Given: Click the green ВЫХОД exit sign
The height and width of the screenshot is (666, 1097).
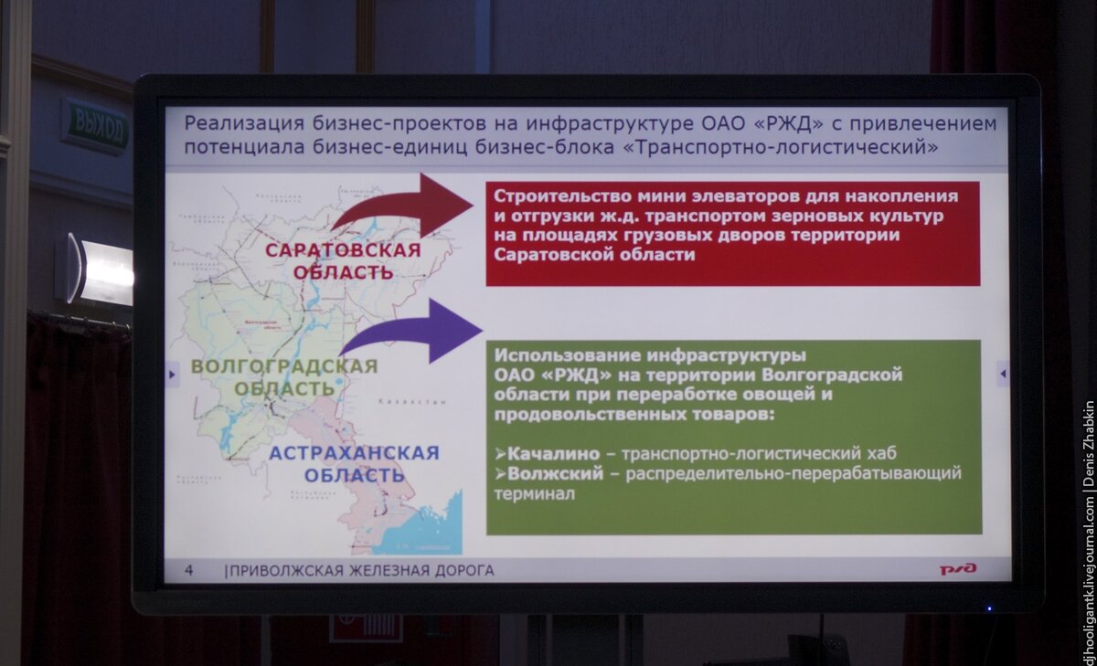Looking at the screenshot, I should [96, 126].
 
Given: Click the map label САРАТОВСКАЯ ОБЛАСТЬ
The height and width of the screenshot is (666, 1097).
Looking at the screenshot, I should [344, 261].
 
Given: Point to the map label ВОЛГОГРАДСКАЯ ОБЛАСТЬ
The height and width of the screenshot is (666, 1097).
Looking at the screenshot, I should [284, 376].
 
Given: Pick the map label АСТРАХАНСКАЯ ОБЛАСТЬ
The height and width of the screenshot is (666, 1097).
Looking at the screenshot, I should [355, 464].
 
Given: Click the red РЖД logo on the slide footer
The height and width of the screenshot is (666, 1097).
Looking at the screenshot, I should [958, 569].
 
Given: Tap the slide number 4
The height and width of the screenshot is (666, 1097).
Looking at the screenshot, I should [189, 571].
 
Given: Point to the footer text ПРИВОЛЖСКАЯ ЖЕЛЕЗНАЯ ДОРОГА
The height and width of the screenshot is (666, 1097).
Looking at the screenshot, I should [362, 571].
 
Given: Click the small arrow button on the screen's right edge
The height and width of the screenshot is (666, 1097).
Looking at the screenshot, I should [1003, 373].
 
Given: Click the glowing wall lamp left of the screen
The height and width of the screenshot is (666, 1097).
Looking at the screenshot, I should [99, 270].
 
